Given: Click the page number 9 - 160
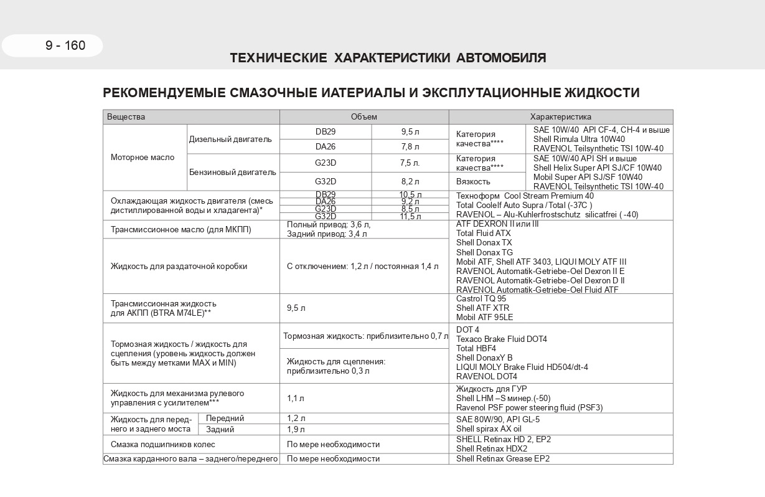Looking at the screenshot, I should [65, 45].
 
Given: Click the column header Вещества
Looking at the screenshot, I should [126, 117].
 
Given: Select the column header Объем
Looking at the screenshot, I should [364, 117].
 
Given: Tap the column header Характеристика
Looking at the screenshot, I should [560, 117].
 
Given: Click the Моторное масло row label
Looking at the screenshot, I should [143, 158].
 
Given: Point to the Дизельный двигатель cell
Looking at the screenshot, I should [230, 140].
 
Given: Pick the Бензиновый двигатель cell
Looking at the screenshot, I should [232, 172].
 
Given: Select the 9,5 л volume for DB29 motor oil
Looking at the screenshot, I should [410, 132].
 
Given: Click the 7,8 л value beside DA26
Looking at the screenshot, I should [410, 147].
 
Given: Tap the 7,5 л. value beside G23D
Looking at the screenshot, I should [410, 163].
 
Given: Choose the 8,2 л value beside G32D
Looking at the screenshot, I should [410, 182].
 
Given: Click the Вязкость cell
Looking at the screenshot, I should [473, 182].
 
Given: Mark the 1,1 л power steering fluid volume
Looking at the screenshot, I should [296, 399].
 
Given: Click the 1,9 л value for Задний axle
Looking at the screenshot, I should [296, 430].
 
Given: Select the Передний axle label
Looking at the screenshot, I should [225, 419].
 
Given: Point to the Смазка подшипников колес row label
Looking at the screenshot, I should [162, 445].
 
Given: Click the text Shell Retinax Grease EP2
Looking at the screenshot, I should [503, 459].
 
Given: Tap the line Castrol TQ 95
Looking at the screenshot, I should [481, 299].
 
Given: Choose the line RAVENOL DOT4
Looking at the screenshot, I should [487, 376].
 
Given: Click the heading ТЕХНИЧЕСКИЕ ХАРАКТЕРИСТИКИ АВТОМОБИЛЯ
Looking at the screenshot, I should [388, 59].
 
